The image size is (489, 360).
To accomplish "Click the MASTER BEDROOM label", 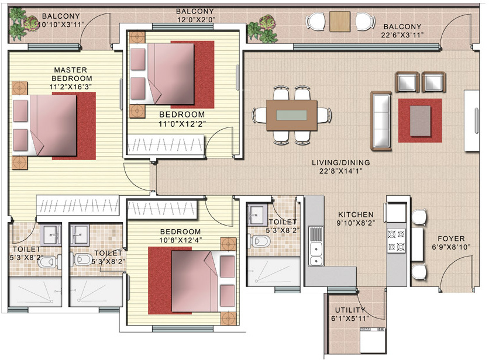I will coord(71,74).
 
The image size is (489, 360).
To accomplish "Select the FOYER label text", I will coord(450,238).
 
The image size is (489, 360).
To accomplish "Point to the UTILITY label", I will coord(350,310).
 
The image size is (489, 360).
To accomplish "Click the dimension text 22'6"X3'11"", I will coord(402,35).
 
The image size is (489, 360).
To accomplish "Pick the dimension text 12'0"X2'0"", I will coord(195,20).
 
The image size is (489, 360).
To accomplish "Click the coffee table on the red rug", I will coord(421,120).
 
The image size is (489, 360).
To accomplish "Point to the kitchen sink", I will coord(317,245).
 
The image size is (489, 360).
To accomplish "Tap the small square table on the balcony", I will coord(339,22).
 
